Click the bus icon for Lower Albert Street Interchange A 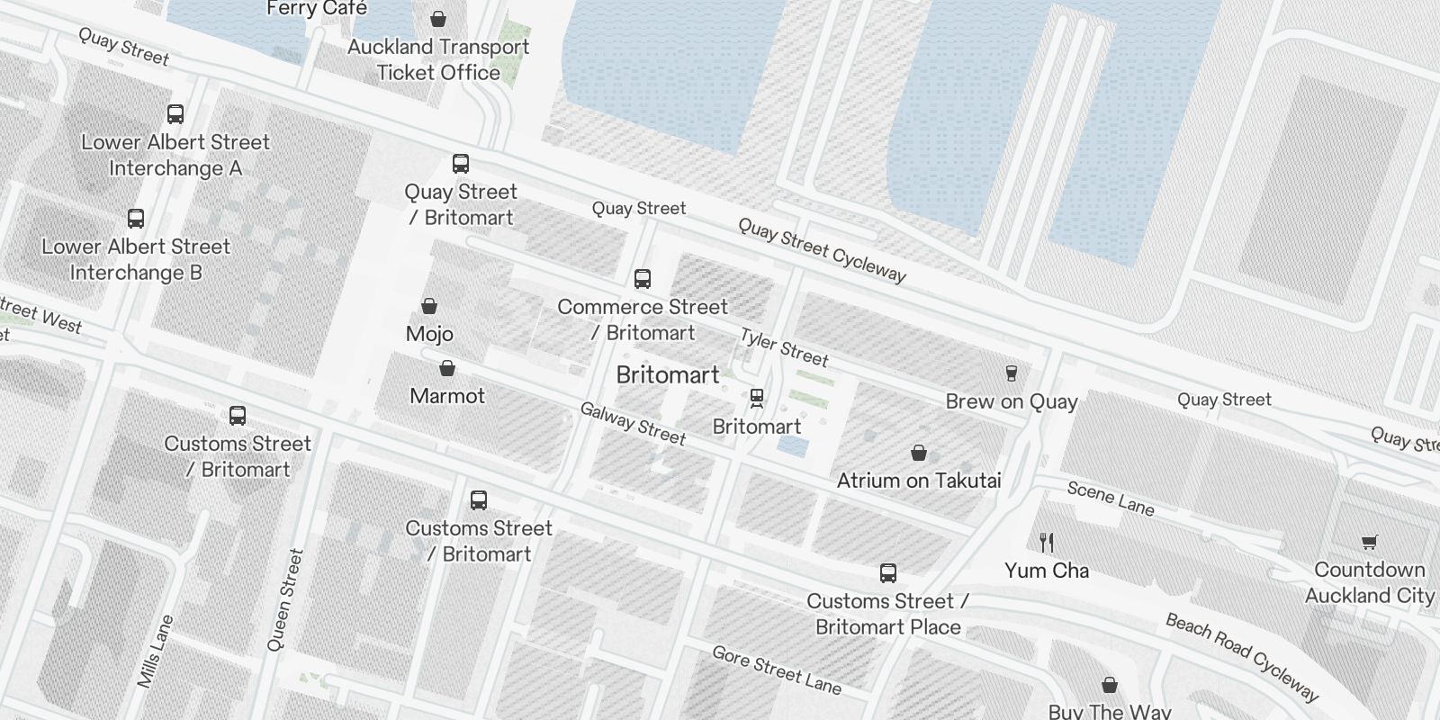point(175,114)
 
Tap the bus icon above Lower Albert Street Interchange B point(136,219)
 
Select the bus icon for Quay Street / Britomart point(461,164)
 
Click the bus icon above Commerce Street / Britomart point(643,279)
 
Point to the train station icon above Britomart point(757,398)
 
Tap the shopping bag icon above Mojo point(429,306)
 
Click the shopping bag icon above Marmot point(447,368)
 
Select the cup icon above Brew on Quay point(1012,373)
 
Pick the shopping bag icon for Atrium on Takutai point(919,452)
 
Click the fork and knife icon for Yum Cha point(1046,542)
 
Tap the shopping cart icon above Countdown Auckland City point(1369,542)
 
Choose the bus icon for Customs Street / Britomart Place point(888,573)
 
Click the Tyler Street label point(784,347)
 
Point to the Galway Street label point(633,424)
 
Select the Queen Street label point(285,599)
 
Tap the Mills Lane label point(155,652)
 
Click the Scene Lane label point(1111,499)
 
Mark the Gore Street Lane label point(777,670)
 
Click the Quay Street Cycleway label point(822,250)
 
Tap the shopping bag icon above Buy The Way point(1111,685)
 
